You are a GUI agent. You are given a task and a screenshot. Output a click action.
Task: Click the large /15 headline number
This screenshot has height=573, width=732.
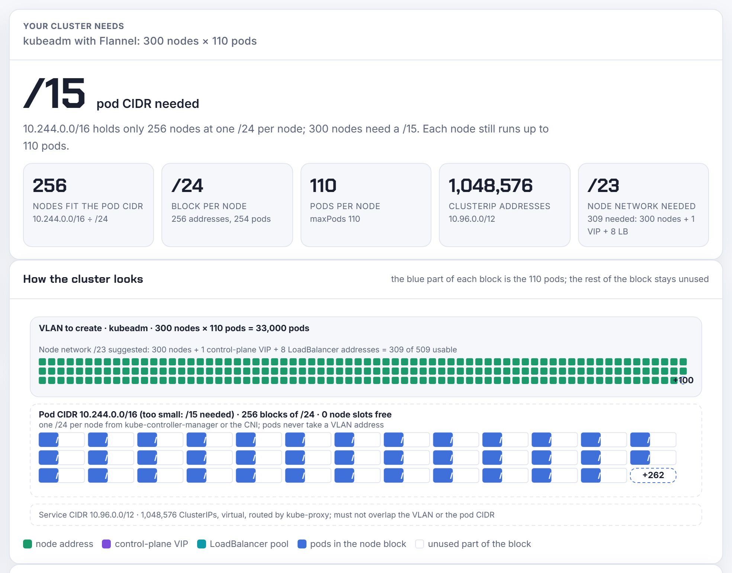tap(54, 93)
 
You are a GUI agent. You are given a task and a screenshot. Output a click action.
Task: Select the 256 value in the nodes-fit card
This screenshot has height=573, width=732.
tap(50, 185)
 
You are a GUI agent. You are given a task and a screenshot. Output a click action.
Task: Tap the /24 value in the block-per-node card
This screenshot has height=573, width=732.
tap(187, 185)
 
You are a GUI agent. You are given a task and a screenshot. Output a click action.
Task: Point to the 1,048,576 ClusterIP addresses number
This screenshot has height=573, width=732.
tap(491, 185)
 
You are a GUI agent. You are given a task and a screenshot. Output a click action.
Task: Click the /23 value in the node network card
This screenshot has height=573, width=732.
tap(603, 185)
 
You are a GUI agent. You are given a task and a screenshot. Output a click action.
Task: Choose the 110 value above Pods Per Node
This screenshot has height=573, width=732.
tap(323, 185)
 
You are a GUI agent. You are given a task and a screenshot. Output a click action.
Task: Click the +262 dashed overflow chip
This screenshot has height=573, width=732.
tap(653, 475)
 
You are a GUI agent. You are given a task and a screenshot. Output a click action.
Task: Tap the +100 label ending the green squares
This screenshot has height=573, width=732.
tap(683, 380)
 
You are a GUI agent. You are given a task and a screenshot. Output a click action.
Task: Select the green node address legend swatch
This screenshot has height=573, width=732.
tap(28, 544)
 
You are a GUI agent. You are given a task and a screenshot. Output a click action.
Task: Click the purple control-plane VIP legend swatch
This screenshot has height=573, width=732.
tap(106, 544)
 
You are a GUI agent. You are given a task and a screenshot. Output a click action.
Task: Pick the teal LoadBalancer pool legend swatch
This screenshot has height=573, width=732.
tap(202, 544)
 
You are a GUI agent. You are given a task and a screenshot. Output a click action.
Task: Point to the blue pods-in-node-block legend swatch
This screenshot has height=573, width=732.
tap(302, 544)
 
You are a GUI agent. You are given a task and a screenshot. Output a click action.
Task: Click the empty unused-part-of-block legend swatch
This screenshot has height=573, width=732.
tap(420, 544)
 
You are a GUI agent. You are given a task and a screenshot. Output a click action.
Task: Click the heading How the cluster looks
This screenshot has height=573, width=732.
tap(83, 279)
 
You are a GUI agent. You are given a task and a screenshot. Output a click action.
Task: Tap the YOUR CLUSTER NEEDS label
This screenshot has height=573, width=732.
tap(74, 26)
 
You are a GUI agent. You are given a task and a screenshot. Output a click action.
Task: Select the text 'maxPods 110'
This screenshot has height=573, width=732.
tap(335, 219)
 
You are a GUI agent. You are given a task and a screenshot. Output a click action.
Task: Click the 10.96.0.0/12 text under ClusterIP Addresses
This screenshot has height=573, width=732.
tap(472, 219)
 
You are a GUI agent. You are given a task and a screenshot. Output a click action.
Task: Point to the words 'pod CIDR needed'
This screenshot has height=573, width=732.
tap(148, 103)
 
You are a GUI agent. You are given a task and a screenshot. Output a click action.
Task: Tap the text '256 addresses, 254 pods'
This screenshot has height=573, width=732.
tap(221, 219)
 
